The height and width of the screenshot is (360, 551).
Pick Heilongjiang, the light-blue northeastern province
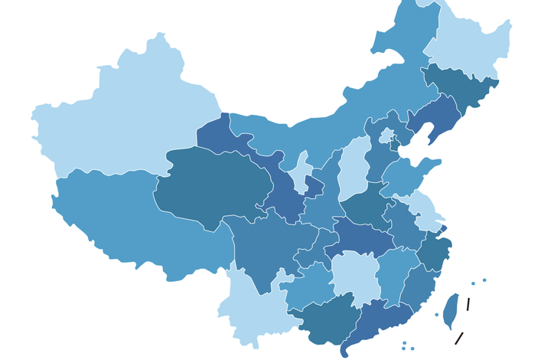(467, 46)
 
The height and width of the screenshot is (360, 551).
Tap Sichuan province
(260, 245)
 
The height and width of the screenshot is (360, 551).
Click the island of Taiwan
(451, 310)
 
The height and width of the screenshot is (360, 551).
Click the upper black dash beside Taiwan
(468, 304)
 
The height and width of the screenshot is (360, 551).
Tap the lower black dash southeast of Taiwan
(459, 338)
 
